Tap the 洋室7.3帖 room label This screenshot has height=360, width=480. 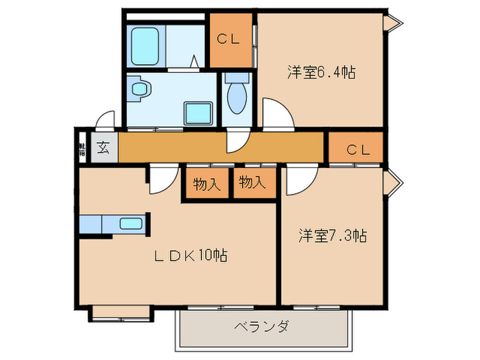tap(332, 237)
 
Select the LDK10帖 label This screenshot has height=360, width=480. tap(190, 256)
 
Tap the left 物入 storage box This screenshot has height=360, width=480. tap(206, 184)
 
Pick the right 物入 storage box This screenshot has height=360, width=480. tap(252, 182)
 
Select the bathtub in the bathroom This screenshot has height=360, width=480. tap(145, 46)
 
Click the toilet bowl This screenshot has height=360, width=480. tap(237, 96)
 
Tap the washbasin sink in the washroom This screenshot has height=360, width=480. tap(140, 88)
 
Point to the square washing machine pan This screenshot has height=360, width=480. tap(199, 112)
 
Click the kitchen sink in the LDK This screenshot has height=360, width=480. tap(130, 223)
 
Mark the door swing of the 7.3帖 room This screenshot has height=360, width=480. tap(299, 180)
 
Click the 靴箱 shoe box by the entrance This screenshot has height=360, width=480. tap(82, 147)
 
